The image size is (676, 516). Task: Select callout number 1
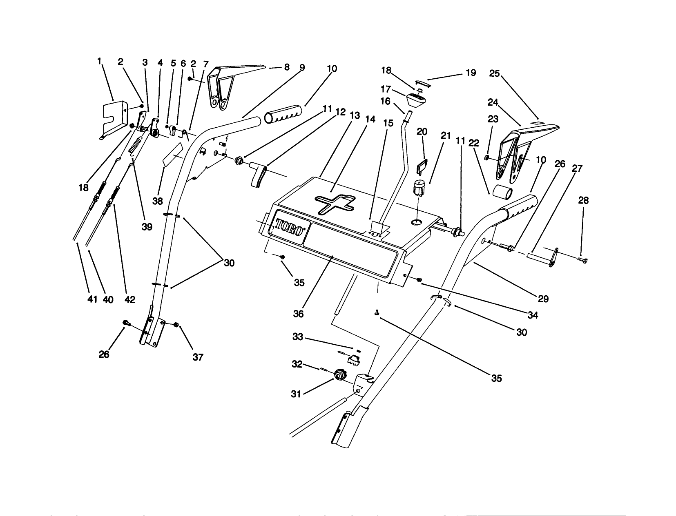click(99, 62)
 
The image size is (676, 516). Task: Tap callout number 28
click(583, 201)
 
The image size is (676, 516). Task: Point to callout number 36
click(299, 314)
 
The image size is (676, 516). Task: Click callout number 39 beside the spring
click(147, 227)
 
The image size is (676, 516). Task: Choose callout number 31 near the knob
click(296, 394)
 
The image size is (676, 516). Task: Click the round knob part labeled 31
click(339, 374)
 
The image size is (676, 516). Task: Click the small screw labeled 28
click(582, 260)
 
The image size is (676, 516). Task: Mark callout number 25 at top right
click(494, 73)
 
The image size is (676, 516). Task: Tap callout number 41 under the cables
click(93, 299)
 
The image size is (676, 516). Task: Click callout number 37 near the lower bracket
click(198, 357)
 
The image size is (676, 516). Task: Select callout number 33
click(298, 337)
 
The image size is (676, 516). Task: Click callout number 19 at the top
click(471, 73)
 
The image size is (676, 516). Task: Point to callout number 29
click(543, 299)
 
